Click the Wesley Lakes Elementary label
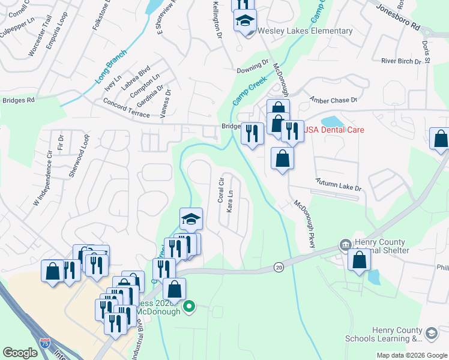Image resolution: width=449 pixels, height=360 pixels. [x=305, y=31]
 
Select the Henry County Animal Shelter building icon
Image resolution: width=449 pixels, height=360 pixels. [x=345, y=244]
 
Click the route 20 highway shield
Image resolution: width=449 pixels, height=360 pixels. [x=279, y=266]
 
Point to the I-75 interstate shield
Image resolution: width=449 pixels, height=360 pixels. [x=45, y=343]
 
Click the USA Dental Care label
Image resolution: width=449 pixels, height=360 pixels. [x=334, y=130]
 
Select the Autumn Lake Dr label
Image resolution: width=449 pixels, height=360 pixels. [x=339, y=184]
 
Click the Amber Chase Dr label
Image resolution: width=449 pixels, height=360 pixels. [x=333, y=99]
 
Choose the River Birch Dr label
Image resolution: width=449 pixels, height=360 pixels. [x=402, y=61]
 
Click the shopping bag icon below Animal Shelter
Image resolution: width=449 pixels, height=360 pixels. [x=359, y=261]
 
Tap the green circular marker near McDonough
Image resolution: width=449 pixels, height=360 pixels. [x=189, y=307]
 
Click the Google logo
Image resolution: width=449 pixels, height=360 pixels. [x=20, y=353]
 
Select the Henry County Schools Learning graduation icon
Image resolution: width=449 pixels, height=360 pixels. [x=431, y=332]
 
